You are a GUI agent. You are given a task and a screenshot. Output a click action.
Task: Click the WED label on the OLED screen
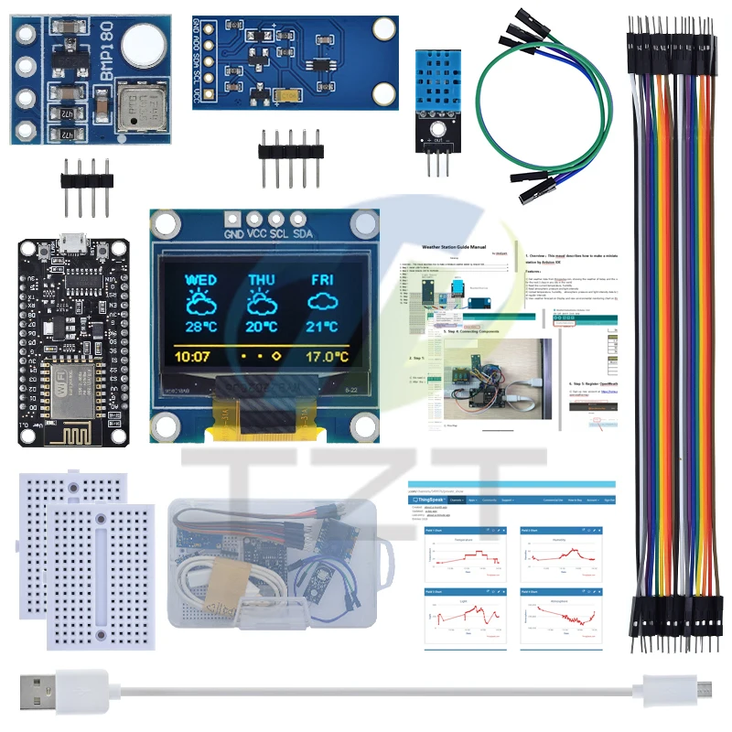pyautogui.click(x=200, y=279)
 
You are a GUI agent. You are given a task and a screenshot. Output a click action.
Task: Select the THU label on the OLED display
pyautogui.click(x=262, y=279)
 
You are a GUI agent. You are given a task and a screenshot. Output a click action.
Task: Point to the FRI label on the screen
pyautogui.click(x=323, y=279)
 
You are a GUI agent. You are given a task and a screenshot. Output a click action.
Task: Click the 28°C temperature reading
pyautogui.click(x=200, y=327)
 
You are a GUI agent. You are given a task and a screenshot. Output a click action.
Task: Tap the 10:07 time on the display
pyautogui.click(x=193, y=355)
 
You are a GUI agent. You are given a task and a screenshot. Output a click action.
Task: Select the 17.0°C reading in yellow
pyautogui.click(x=328, y=355)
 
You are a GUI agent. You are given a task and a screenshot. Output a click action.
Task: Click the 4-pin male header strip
pyautogui.click(x=85, y=178)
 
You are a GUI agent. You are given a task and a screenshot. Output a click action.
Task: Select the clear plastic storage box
pyautogui.click(x=274, y=563)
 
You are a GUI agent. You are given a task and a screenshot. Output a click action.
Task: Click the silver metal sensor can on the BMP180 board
pyautogui.click(x=140, y=109)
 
